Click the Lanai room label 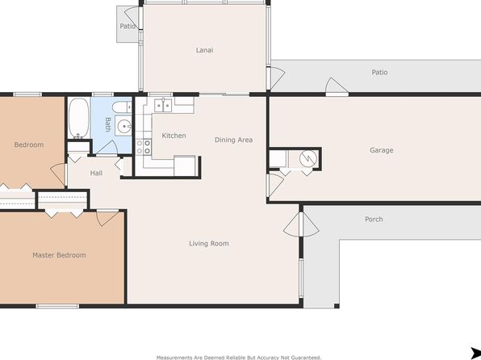coord(204,50)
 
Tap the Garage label coord(381,150)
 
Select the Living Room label coord(208,244)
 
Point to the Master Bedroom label coord(59,255)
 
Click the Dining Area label coord(233,140)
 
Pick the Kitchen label coord(174,136)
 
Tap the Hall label coord(96,173)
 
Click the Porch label coord(374,219)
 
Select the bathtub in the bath coord(79,118)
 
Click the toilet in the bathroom coord(122,107)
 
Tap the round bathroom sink coord(124,126)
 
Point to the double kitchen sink coord(163,105)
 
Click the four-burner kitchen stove coord(144,147)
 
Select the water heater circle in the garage coord(308,158)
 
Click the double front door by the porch coord(301,224)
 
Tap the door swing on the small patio coord(132,18)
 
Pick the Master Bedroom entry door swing coord(107,218)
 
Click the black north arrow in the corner coord(475,352)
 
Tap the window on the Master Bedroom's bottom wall coord(57,306)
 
